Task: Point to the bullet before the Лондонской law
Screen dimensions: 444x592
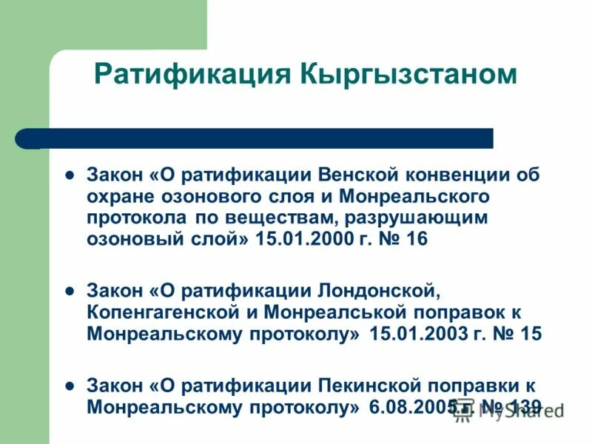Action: tap(70, 291)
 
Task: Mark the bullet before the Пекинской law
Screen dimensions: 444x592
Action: tap(70, 385)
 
